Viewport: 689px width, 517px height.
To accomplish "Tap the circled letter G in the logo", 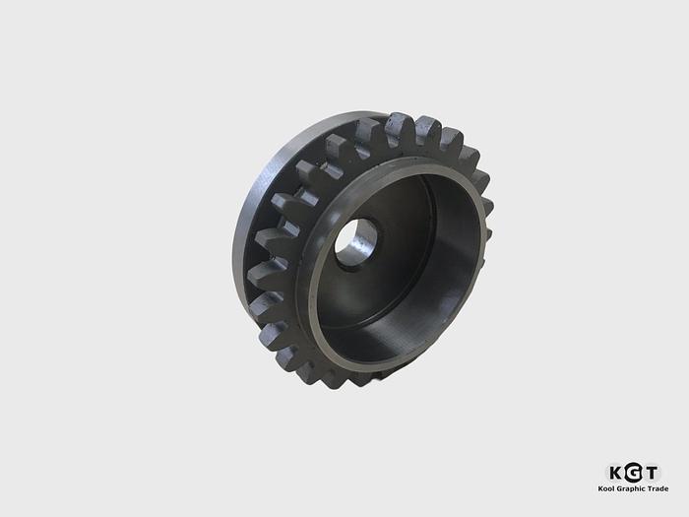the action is [x=633, y=473].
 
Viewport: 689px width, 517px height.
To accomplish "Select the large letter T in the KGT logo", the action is [x=652, y=473].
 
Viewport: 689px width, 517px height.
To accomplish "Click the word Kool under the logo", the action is [x=606, y=488].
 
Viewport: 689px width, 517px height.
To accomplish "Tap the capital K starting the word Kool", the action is [x=600, y=488].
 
